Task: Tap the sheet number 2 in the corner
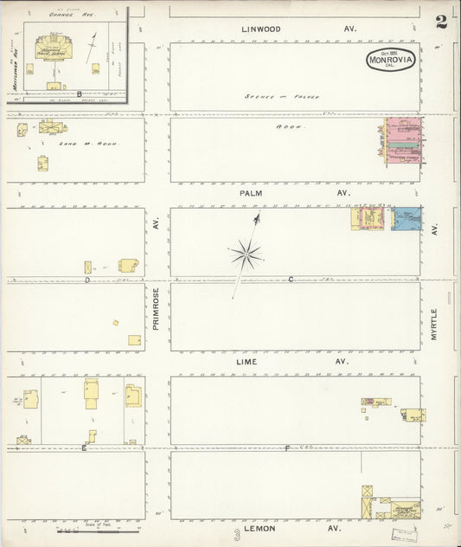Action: [441, 22]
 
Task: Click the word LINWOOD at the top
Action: [261, 29]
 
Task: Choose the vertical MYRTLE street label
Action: [434, 323]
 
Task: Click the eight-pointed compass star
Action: [247, 254]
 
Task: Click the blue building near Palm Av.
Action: [407, 218]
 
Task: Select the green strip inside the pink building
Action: [403, 145]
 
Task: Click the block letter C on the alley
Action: [291, 279]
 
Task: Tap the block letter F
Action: [288, 447]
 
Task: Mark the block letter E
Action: [84, 447]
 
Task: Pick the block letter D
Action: [87, 280]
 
